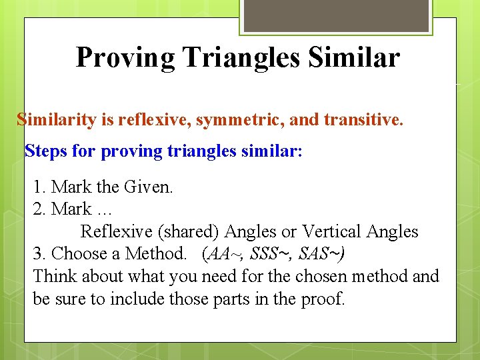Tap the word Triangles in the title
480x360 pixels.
pyautogui.click(x=238, y=58)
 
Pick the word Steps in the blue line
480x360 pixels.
pyautogui.click(x=45, y=151)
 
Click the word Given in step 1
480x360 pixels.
pyautogui.click(x=151, y=187)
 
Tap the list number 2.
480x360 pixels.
pyautogui.click(x=38, y=209)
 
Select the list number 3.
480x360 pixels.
pyautogui.click(x=38, y=254)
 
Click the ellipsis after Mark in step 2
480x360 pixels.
pyautogui.click(x=103, y=210)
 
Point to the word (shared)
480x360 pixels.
pyautogui.click(x=188, y=231)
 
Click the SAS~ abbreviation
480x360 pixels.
pyautogui.click(x=321, y=254)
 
